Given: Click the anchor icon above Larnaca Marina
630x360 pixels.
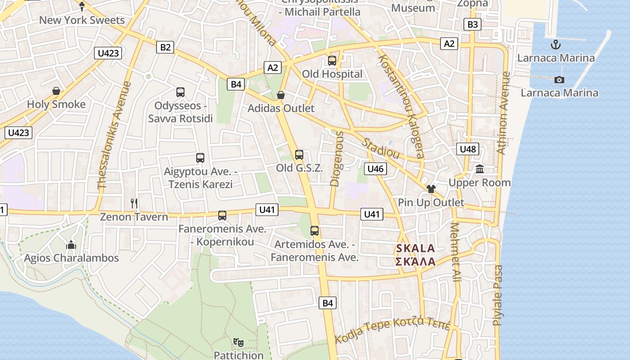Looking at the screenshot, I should pyautogui.click(x=556, y=45).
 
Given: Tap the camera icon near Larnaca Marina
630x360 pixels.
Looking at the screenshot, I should pyautogui.click(x=559, y=80).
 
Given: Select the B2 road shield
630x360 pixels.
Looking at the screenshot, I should pyautogui.click(x=166, y=47).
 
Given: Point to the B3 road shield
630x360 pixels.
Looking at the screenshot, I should pyautogui.click(x=472, y=24).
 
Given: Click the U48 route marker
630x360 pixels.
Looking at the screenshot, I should pyautogui.click(x=468, y=149).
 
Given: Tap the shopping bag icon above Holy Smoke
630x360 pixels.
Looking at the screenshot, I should pyautogui.click(x=56, y=91).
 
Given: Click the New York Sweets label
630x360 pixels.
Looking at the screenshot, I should pyautogui.click(x=81, y=20).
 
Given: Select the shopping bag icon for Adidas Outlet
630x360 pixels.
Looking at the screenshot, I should pyautogui.click(x=281, y=95).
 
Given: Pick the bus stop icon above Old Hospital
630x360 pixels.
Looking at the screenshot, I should pyautogui.click(x=332, y=61).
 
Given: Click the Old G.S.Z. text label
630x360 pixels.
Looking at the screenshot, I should pyautogui.click(x=299, y=168).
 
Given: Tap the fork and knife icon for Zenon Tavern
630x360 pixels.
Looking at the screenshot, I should pyautogui.click(x=134, y=203).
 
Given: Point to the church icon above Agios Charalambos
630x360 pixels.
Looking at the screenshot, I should pyautogui.click(x=71, y=245).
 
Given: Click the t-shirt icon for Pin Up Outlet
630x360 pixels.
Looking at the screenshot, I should pyautogui.click(x=431, y=189).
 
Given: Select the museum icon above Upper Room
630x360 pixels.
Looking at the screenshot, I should pyautogui.click(x=480, y=170).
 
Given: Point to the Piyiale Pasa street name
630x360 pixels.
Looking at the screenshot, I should pyautogui.click(x=498, y=295).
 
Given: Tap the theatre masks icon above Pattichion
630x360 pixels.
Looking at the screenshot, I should pyautogui.click(x=238, y=342).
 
